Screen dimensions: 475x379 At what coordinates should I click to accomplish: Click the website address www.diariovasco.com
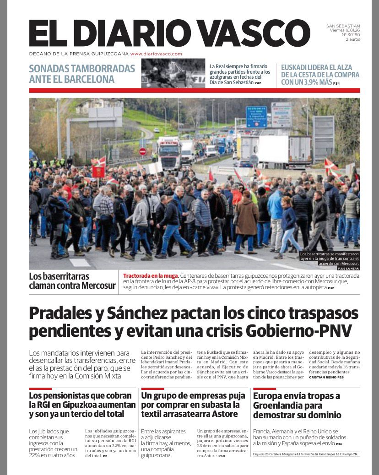click(156, 54)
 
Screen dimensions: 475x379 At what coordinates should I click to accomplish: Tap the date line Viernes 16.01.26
click(345, 30)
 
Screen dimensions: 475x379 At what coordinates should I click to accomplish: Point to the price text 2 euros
click(353, 39)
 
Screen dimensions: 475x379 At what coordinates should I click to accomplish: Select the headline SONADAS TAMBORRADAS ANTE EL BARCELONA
click(82, 74)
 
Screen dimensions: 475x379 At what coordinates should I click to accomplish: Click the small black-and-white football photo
click(173, 73)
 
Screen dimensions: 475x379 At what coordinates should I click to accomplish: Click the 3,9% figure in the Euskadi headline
click(314, 82)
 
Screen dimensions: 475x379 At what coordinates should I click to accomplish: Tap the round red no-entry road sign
click(142, 151)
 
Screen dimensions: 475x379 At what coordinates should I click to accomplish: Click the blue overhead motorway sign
click(256, 117)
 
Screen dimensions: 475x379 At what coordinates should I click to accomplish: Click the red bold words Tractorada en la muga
click(151, 276)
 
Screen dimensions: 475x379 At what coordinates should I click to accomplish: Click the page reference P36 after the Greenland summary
click(339, 444)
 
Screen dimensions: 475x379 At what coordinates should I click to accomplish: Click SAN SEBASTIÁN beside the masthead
click(343, 26)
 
